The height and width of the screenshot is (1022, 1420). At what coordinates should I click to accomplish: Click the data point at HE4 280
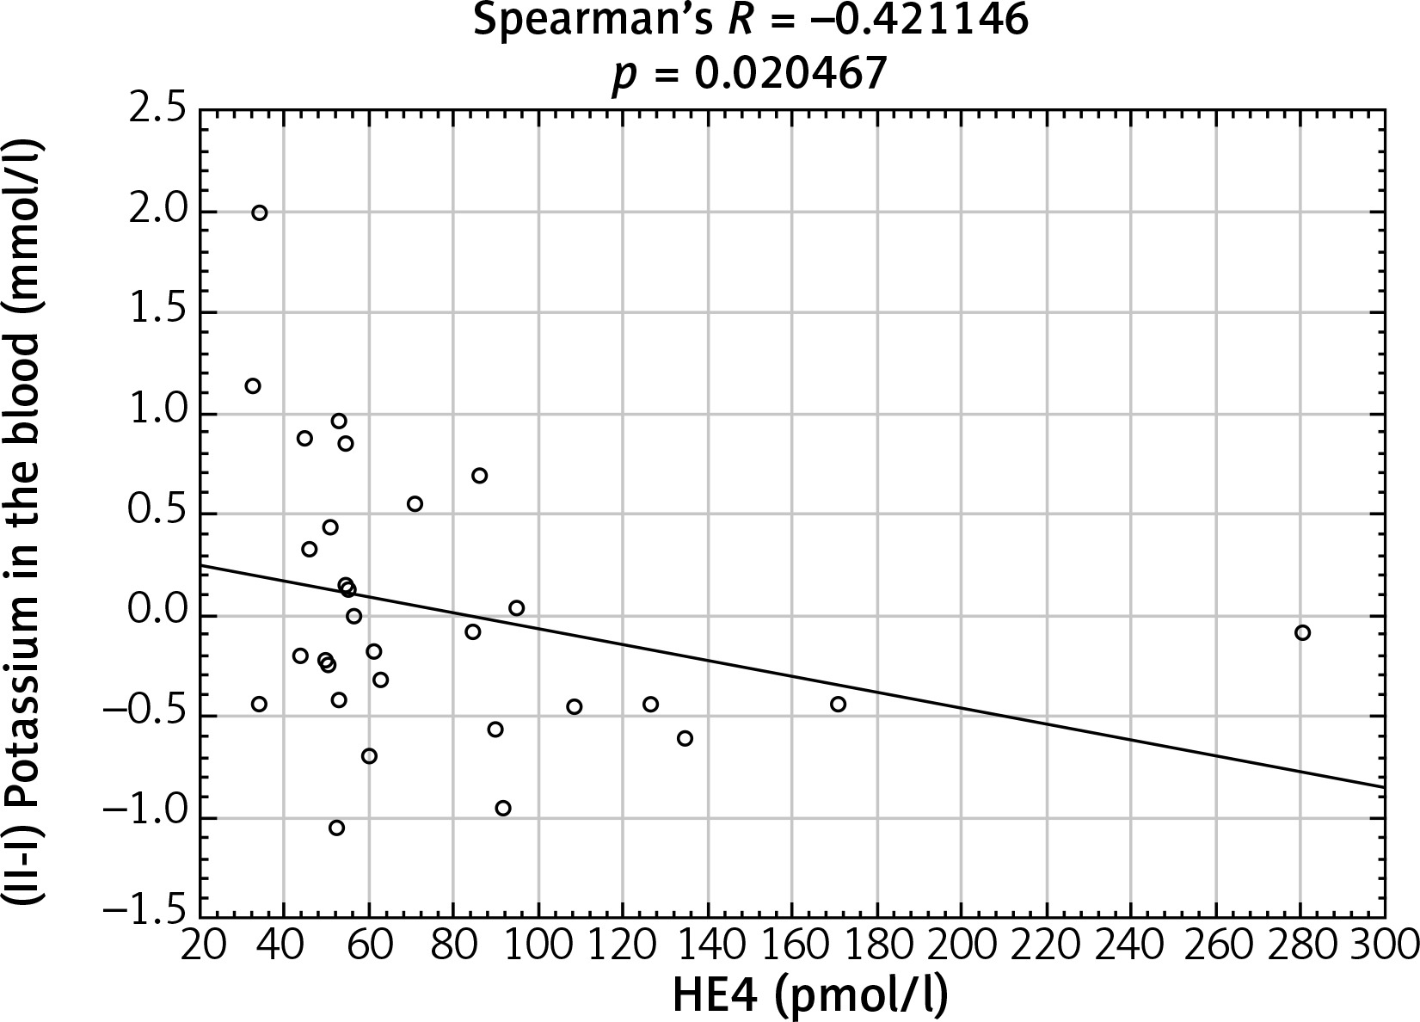click(x=1301, y=632)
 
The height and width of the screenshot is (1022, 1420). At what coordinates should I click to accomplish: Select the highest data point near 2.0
click(x=259, y=212)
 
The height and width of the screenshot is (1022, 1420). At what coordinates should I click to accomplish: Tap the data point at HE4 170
click(x=838, y=704)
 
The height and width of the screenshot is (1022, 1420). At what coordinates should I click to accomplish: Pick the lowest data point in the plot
click(x=336, y=828)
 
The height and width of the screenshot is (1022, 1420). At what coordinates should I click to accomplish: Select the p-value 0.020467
click(x=790, y=73)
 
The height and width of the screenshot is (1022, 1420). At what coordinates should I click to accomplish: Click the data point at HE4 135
click(x=685, y=738)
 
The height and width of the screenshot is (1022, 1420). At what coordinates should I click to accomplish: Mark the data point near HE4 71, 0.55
click(x=415, y=503)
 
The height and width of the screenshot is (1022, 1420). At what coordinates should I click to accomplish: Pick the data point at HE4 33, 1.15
click(x=252, y=385)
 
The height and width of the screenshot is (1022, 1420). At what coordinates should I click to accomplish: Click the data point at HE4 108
click(x=574, y=706)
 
